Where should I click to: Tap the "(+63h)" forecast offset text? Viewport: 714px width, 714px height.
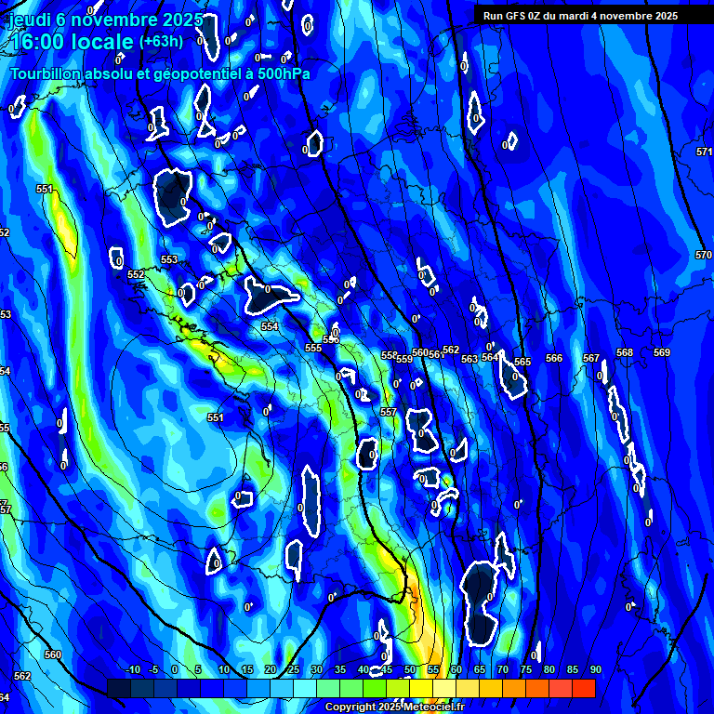[x=161, y=41]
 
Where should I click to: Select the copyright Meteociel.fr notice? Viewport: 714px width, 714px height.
[x=393, y=707]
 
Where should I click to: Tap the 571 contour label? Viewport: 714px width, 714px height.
[x=704, y=152]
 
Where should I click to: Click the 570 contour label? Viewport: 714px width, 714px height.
[x=704, y=255]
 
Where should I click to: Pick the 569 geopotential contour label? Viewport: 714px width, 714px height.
[x=661, y=353]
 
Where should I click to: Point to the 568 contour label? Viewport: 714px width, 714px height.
[x=625, y=353]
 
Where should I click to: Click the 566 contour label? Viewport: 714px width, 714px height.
[x=554, y=359]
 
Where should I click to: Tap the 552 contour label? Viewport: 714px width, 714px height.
[x=136, y=275]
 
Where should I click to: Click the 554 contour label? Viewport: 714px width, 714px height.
[x=270, y=327]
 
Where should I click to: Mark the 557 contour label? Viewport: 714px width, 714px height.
[x=389, y=412]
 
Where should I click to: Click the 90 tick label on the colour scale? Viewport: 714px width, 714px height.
[x=595, y=670]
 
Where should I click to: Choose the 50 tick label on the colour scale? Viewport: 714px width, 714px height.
[x=410, y=670]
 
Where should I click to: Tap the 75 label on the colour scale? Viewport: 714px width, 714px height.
[x=525, y=670]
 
